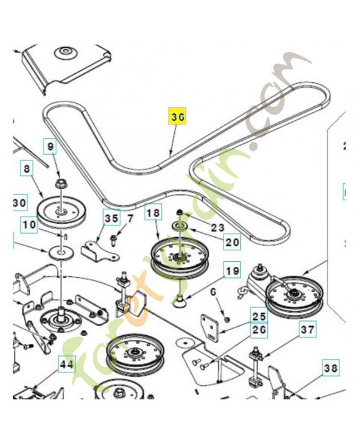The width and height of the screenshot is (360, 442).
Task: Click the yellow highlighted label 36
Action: pyautogui.click(x=177, y=117)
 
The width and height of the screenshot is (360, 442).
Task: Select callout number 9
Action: pyautogui.click(x=50, y=148)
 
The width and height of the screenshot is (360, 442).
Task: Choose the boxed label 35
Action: pyautogui.click(x=112, y=219)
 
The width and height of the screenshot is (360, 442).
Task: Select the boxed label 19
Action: pyautogui.click(x=232, y=271)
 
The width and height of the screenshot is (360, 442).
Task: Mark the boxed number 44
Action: pyautogui.click(x=67, y=364)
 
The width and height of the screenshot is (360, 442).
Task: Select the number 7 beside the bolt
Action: pyautogui.click(x=130, y=219)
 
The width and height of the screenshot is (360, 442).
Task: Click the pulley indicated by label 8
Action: pyautogui.click(x=59, y=212)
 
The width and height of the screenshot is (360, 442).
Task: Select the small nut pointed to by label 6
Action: pyautogui.click(x=227, y=319)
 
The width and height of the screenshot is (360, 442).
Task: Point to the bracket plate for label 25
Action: pyautogui.click(x=210, y=328)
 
